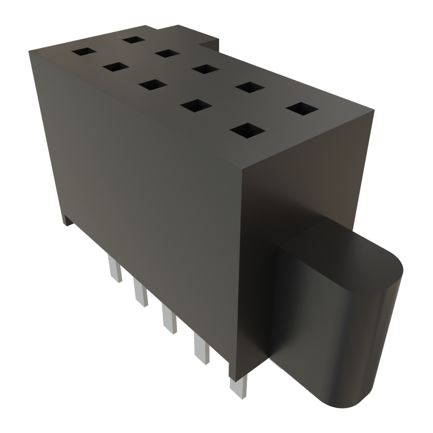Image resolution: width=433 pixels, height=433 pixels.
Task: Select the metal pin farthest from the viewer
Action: (x=114, y=269)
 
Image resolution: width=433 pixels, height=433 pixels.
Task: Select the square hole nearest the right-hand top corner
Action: (x=302, y=108)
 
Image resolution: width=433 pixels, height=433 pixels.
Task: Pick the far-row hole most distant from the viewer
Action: (x=133, y=40)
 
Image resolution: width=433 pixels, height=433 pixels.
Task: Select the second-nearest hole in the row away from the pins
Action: (x=250, y=87)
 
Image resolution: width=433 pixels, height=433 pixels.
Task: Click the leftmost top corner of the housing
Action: (x=29, y=51)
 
